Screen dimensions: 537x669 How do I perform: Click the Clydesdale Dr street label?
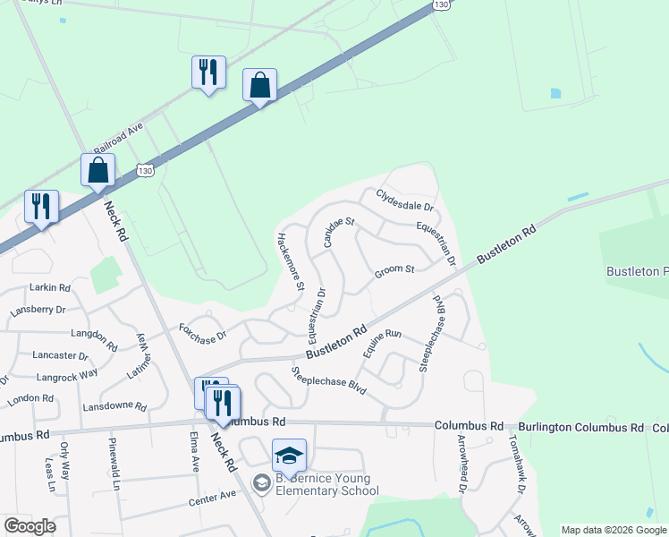coord(404,200)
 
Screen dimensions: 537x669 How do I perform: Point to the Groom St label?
coord(394,270)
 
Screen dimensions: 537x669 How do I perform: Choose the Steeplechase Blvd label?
coord(328,380)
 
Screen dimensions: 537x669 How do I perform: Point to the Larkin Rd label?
coord(51,287)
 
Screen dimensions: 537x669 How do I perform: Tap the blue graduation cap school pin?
coord(289,456)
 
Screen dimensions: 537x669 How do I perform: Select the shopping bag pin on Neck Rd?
coord(97,170)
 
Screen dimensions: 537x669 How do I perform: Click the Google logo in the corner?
coord(30,526)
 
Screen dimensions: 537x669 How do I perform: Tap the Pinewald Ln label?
coord(114,465)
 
